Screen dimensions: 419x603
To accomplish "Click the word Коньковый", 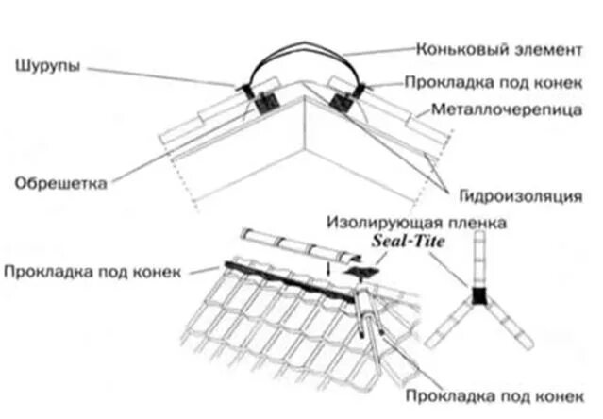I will tap(452, 46).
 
